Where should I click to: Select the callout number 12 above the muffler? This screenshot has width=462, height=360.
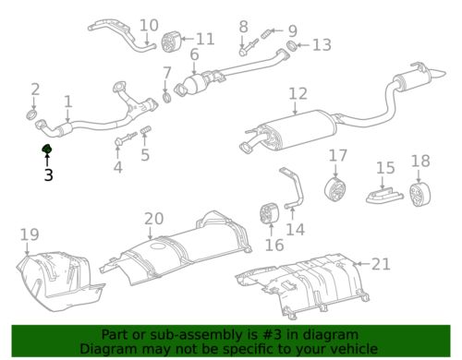click(297, 93)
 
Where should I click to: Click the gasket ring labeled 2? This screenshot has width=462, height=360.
click(35, 115)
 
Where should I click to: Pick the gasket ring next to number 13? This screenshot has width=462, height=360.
click(291, 44)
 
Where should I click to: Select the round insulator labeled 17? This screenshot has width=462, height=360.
click(336, 189)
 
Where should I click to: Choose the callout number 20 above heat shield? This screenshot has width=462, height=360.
click(153, 218)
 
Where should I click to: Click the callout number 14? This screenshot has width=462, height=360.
click(296, 229)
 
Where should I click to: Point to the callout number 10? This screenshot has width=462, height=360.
click(149, 24)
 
